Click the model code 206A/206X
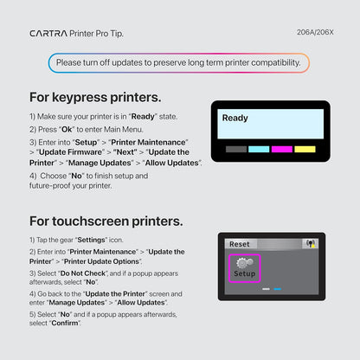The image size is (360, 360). coord(314,34)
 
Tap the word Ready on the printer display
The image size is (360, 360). coord(235,118)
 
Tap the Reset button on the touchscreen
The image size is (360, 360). coord(240,245)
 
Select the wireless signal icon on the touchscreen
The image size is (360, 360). coord(305,245)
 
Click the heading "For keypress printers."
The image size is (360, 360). coord(95,97)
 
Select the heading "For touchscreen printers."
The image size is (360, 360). coord(106,221)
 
